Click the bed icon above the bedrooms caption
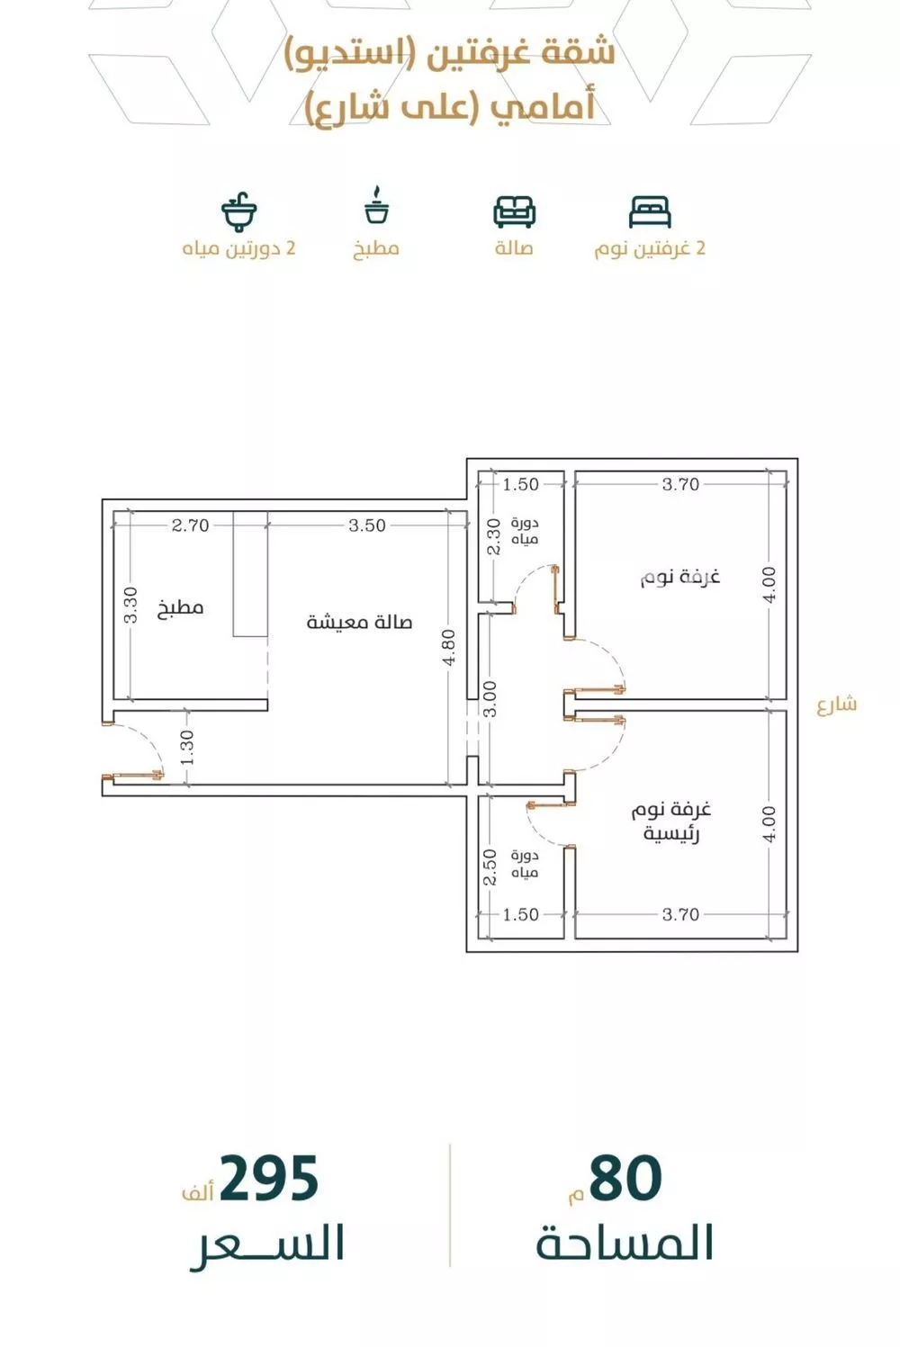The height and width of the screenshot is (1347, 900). pyautogui.click(x=650, y=211)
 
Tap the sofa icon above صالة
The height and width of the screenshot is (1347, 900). pyautogui.click(x=514, y=211)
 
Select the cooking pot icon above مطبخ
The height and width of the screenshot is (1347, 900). pyautogui.click(x=376, y=206)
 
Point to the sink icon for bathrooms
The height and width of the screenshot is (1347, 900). pyautogui.click(x=238, y=211)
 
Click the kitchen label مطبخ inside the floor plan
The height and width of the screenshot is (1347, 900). pyautogui.click(x=181, y=608)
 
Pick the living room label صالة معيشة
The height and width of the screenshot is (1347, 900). pyautogui.click(x=359, y=622)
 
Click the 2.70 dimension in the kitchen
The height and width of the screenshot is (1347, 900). pyautogui.click(x=190, y=525)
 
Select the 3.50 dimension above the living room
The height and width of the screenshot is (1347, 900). pyautogui.click(x=367, y=525)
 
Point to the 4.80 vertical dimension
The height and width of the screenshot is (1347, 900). pyautogui.click(x=449, y=647)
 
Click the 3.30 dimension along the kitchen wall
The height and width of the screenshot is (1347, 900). pyautogui.click(x=130, y=606)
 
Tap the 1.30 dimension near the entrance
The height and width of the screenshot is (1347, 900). pyautogui.click(x=187, y=748)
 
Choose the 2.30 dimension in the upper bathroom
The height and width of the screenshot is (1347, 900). pyautogui.click(x=492, y=537)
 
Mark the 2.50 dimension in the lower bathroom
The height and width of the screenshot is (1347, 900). pyautogui.click(x=490, y=867)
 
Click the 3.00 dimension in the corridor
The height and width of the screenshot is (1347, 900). pyautogui.click(x=490, y=699)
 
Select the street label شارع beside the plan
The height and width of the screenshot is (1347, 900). pyautogui.click(x=837, y=705)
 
